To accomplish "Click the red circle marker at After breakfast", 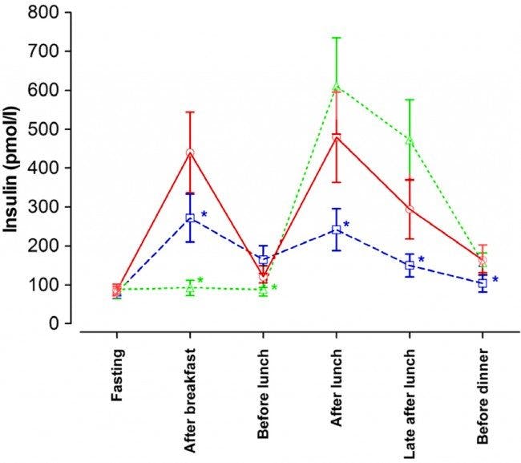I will (191, 152).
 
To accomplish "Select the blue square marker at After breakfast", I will (191, 217).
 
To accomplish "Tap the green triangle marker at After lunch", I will (337, 87).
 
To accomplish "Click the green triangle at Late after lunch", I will (410, 140).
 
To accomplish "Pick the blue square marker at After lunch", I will (337, 230).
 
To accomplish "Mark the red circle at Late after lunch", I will (410, 209).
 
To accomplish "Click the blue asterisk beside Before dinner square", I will (495, 280).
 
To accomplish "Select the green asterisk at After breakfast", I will (200, 281).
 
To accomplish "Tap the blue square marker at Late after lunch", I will (410, 265).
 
